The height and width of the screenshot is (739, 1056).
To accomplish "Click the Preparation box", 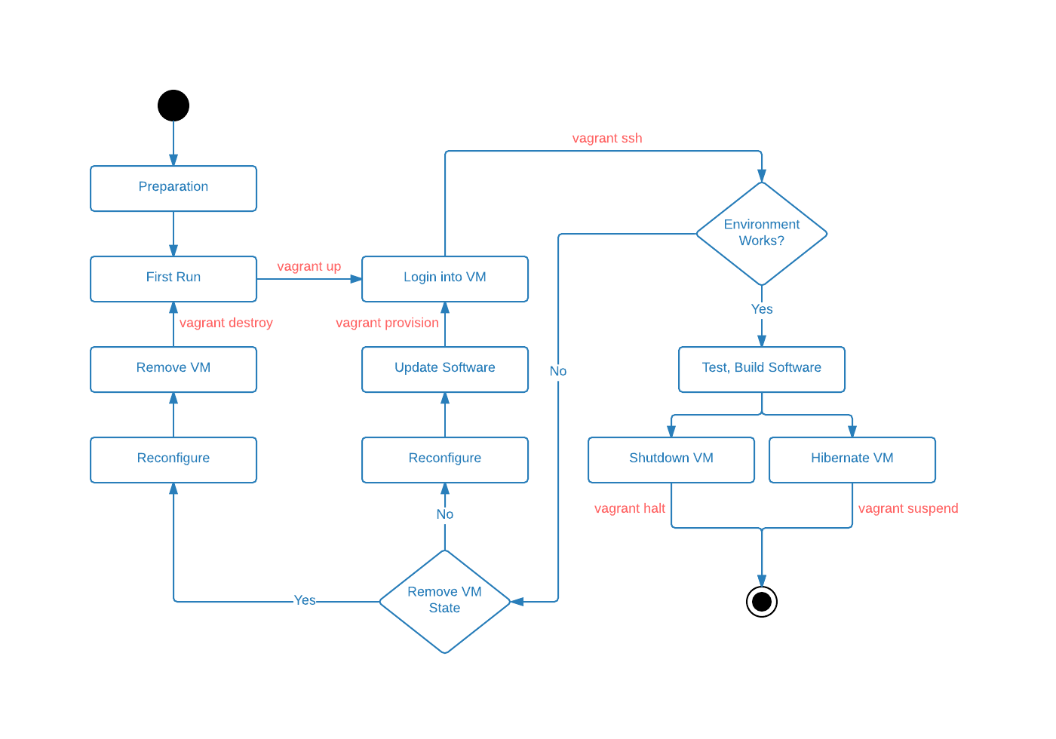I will click(x=173, y=189).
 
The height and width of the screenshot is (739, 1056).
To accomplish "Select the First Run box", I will click(x=173, y=279).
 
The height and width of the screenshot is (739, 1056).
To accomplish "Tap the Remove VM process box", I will click(x=173, y=369).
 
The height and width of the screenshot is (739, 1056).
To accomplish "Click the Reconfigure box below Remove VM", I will click(x=173, y=460).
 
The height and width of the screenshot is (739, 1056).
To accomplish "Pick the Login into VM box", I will click(x=445, y=279).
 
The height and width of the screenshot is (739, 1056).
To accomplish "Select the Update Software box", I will click(x=445, y=369).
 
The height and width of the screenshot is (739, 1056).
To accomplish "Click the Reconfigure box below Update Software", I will click(x=445, y=460).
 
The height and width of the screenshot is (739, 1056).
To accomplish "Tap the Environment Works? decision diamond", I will click(x=762, y=234).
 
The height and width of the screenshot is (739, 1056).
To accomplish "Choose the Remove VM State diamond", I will click(x=445, y=601).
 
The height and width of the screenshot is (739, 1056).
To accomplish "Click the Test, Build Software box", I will click(x=762, y=369).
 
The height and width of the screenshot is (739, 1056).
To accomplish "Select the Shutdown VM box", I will click(x=671, y=460).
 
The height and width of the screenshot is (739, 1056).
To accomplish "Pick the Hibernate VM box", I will click(x=852, y=460).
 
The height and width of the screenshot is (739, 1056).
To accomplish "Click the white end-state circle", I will click(x=762, y=602).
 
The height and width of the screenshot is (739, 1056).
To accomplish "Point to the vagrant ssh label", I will click(x=607, y=139).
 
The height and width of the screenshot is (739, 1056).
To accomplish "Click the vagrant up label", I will click(x=309, y=267).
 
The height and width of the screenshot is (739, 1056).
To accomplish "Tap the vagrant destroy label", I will click(x=226, y=323).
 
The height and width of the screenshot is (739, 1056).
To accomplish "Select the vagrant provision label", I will click(x=387, y=323).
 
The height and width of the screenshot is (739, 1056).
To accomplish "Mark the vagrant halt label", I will click(x=630, y=508).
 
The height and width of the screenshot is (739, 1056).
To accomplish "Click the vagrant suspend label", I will click(x=908, y=508).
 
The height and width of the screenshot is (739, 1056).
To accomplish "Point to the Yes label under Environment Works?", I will click(x=762, y=309).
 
